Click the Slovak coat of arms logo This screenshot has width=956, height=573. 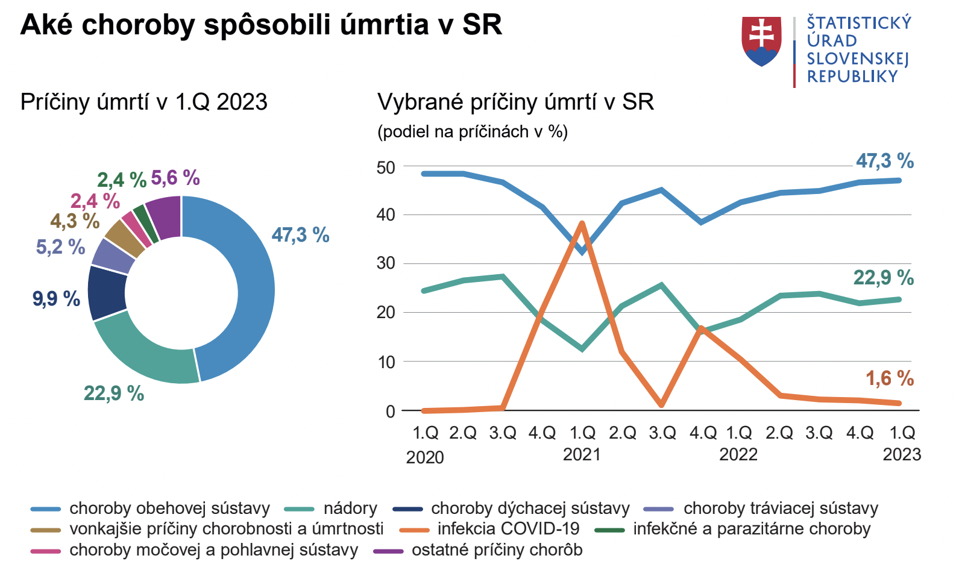click(x=761, y=41)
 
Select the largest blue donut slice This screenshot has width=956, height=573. click(x=250, y=289)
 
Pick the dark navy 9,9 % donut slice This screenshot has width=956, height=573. click(x=107, y=293)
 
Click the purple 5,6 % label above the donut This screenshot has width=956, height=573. click(x=175, y=178)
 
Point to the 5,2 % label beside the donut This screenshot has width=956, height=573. click(x=60, y=247)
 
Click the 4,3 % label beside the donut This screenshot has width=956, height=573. click(x=75, y=221)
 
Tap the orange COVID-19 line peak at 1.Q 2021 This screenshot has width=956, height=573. click(x=582, y=224)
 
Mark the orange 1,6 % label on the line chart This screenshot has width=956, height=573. click(x=890, y=378)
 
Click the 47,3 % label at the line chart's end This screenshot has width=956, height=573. click(x=885, y=161)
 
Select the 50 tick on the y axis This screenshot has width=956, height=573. click(x=386, y=168)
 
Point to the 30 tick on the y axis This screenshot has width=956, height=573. click(x=386, y=263)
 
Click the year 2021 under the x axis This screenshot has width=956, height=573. click(x=582, y=454)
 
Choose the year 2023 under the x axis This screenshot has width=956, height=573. click(x=902, y=454)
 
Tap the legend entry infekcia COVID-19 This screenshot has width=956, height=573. click(x=508, y=529)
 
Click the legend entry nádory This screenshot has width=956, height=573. click(x=350, y=509)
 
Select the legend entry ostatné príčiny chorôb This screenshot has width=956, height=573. click(x=497, y=550)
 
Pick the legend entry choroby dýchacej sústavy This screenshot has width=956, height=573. click(x=530, y=509)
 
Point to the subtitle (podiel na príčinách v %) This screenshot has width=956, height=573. click(x=473, y=132)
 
